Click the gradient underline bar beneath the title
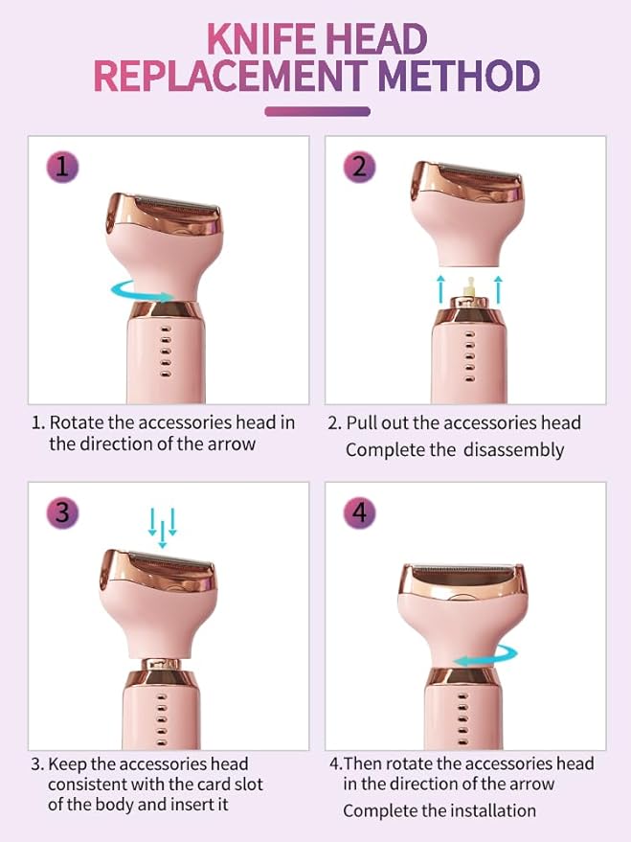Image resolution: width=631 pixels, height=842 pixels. (317, 111)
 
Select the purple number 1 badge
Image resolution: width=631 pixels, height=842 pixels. (62, 167)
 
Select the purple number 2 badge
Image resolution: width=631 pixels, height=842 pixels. (359, 167)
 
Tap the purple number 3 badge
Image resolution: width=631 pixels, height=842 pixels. (62, 512)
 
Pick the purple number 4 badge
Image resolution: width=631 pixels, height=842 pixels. (359, 512)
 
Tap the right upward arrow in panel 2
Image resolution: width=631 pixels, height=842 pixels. (498, 285)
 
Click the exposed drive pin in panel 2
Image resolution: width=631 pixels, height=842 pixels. (469, 284)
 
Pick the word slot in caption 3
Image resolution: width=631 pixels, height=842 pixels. (243, 785)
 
